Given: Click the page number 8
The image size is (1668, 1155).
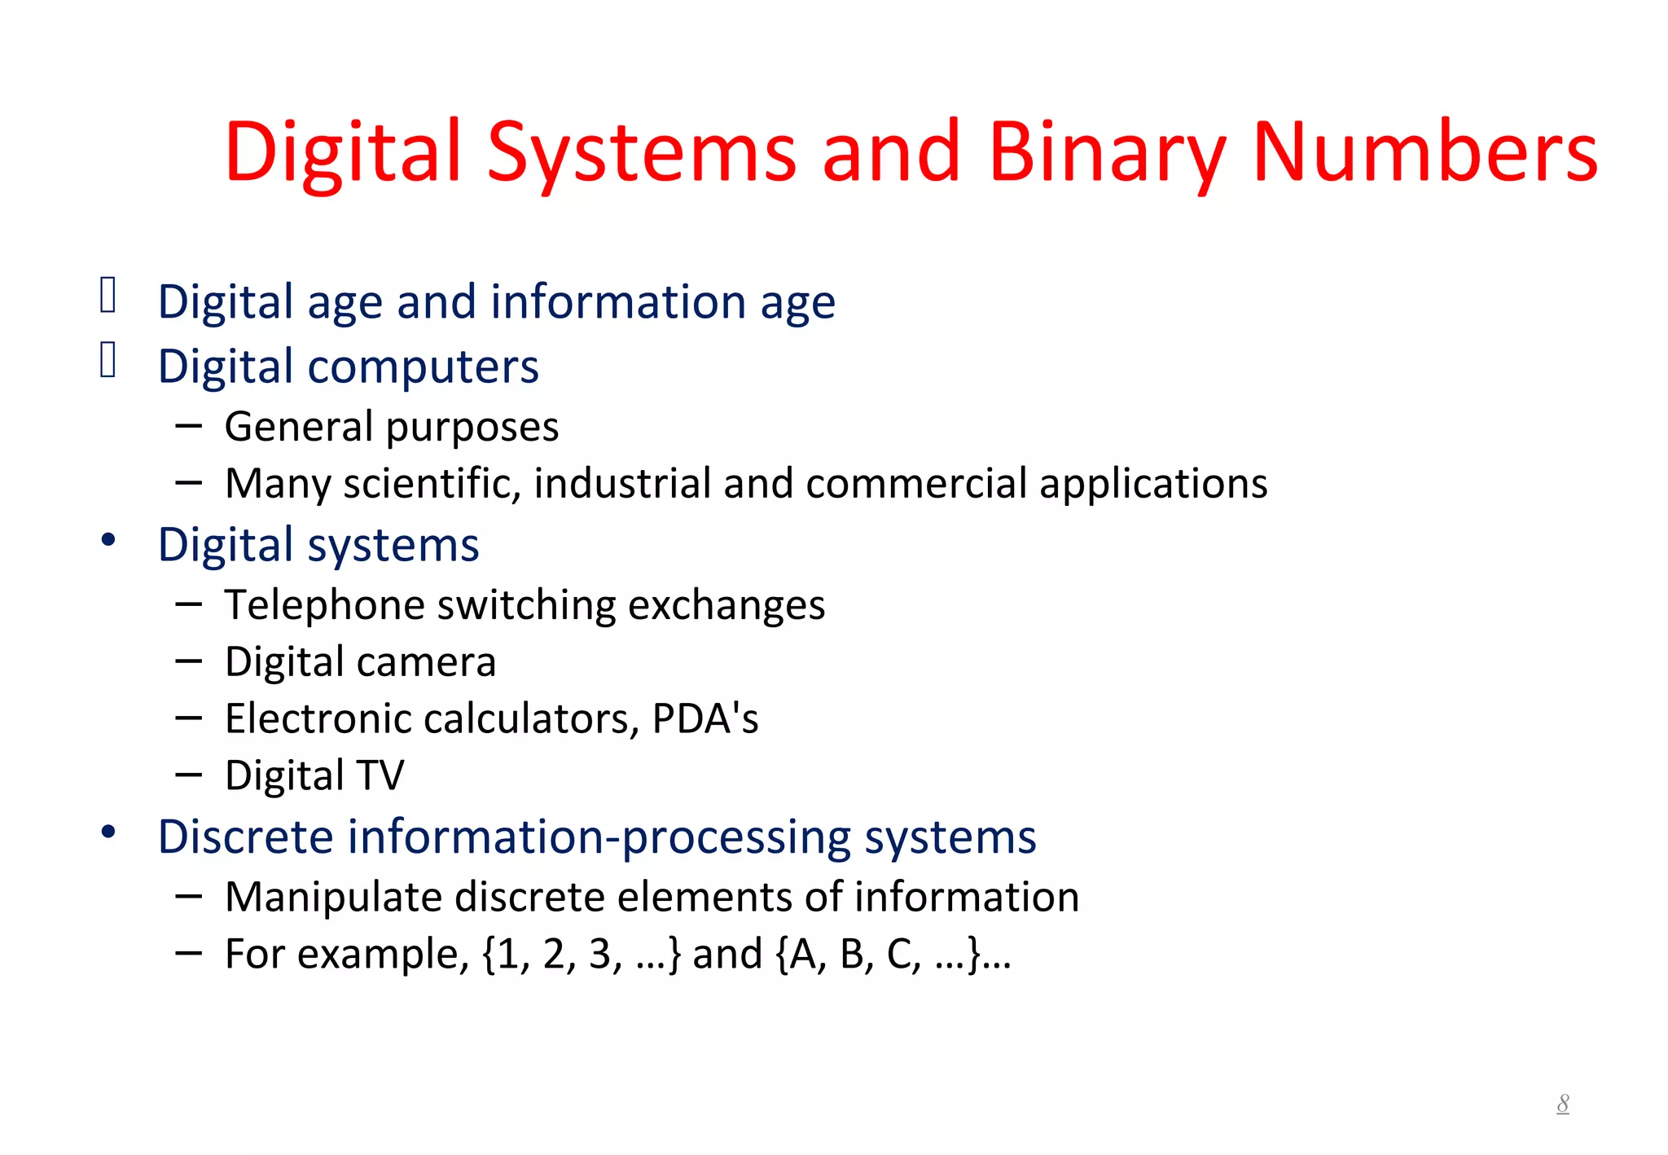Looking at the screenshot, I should point(1562,1104).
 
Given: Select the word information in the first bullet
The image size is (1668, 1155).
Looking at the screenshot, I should point(618,301).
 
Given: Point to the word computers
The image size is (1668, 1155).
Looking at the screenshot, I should point(423,367).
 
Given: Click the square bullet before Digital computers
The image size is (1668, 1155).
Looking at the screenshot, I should point(108,360).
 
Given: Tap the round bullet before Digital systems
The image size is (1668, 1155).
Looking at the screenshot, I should point(108,540).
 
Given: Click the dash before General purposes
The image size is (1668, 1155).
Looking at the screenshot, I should point(188,425).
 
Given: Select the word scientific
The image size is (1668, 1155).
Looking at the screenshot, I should point(432,483).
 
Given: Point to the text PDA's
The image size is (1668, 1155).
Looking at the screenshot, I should point(705,718).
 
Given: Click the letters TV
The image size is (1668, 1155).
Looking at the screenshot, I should point(380,775).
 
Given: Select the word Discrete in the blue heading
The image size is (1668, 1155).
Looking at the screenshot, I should point(246,837).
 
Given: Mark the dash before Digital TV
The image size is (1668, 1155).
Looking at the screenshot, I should point(188,775).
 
